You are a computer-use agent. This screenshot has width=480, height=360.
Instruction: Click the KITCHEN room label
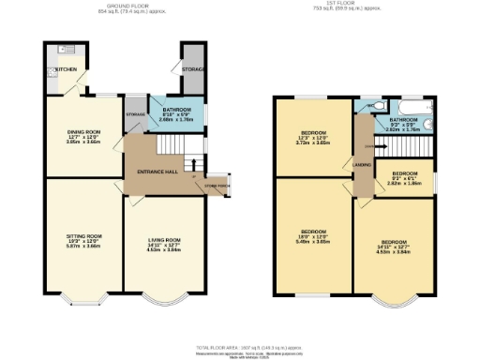pos(66,69)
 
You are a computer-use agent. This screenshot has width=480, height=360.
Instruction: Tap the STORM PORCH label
pos(216,186)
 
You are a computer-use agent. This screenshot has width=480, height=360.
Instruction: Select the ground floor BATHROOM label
pos(175,110)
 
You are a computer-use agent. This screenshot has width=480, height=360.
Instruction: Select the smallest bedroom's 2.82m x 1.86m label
pos(404,184)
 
